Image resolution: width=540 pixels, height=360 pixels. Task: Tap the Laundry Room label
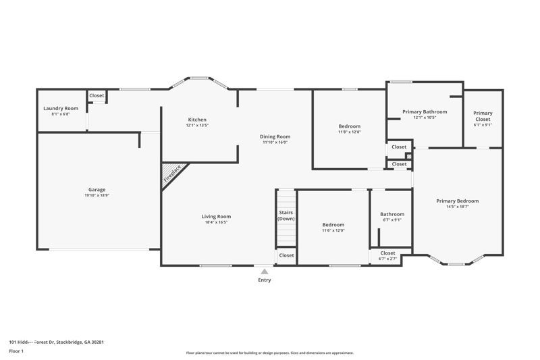pyautogui.click(x=61, y=109)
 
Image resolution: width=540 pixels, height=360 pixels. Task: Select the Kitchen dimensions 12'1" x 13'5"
pyautogui.click(x=197, y=126)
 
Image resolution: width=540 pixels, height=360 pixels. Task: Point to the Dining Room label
pyautogui.click(x=275, y=136)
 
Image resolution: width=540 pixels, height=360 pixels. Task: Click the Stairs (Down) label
pyautogui.click(x=286, y=215)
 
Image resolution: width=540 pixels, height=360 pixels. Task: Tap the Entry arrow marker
pyautogui.click(x=264, y=270)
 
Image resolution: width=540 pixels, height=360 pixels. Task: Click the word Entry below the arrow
pyautogui.click(x=264, y=280)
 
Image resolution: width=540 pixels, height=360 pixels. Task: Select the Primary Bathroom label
pyautogui.click(x=425, y=111)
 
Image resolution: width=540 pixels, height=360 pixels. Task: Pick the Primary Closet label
pyautogui.click(x=483, y=113)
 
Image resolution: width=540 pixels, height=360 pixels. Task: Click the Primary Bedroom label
pyautogui.click(x=457, y=201)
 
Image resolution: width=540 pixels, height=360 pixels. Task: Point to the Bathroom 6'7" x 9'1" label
pyautogui.click(x=392, y=214)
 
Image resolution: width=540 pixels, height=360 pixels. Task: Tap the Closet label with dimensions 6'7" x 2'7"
pyautogui.click(x=387, y=253)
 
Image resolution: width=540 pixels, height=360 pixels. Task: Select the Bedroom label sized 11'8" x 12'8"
pyautogui.click(x=349, y=126)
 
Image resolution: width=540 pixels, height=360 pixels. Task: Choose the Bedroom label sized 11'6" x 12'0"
pyautogui.click(x=333, y=225)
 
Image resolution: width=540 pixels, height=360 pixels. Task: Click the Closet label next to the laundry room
pyautogui.click(x=97, y=96)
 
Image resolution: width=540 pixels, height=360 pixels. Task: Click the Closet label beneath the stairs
pyautogui.click(x=286, y=255)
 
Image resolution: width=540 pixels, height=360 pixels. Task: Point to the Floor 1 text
pyautogui.click(x=16, y=352)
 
